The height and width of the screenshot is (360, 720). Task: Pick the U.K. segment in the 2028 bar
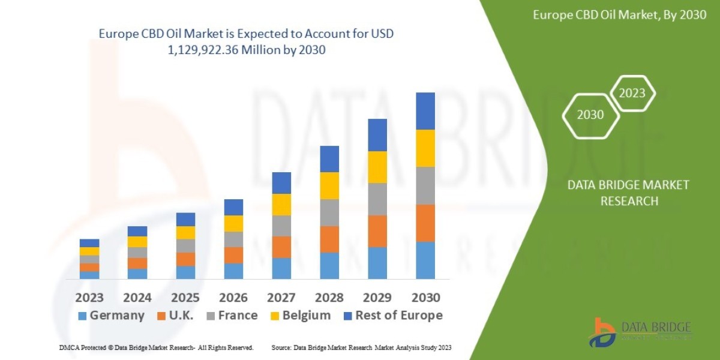tap(329, 239)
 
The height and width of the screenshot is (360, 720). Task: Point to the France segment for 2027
tap(281, 226)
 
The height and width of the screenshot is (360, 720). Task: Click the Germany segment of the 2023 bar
tap(89, 275)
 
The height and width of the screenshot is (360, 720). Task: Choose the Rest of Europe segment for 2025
tap(185, 219)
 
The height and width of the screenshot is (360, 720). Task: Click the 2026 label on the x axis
tap(233, 298)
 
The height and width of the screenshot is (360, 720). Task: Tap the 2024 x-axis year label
tap(137, 298)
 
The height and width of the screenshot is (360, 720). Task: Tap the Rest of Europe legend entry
tap(392, 316)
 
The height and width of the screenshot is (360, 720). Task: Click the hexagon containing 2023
tap(632, 93)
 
